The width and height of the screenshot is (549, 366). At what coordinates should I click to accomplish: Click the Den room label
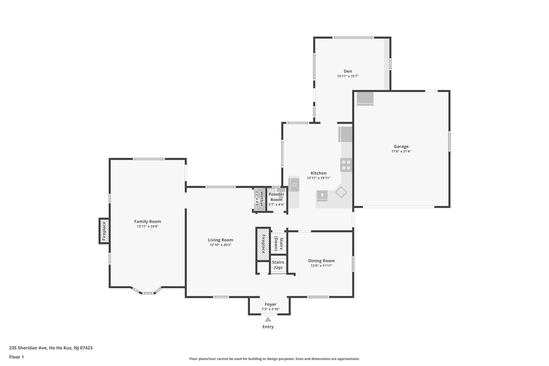pos(348,71)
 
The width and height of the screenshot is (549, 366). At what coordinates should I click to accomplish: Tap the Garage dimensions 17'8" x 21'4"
pos(401,151)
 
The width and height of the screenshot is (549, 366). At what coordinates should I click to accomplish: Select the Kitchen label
pos(318,173)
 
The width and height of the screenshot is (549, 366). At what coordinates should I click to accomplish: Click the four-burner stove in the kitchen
pos(346,165)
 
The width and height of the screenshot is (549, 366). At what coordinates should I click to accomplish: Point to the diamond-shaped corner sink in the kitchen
pos(341,192)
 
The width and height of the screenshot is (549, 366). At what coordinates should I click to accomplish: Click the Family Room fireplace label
pos(104,231)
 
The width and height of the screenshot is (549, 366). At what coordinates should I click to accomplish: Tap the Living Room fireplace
pos(263,244)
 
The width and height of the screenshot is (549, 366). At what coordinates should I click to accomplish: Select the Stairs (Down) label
pos(279,244)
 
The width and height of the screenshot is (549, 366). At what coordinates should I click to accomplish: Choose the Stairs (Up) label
pos(278,265)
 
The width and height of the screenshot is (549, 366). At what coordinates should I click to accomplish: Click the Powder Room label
pos(276,197)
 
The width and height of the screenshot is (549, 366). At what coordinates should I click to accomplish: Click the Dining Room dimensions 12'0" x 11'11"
pos(321,266)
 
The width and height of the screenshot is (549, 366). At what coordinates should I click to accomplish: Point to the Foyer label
pos(270,304)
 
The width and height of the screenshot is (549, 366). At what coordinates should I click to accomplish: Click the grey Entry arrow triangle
pos(268,319)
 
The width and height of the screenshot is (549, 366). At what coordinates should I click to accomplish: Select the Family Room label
pos(147,221)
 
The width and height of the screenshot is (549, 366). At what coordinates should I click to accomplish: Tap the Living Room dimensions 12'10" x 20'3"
pos(220,245)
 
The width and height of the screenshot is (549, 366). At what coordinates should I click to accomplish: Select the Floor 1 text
pos(17,357)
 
